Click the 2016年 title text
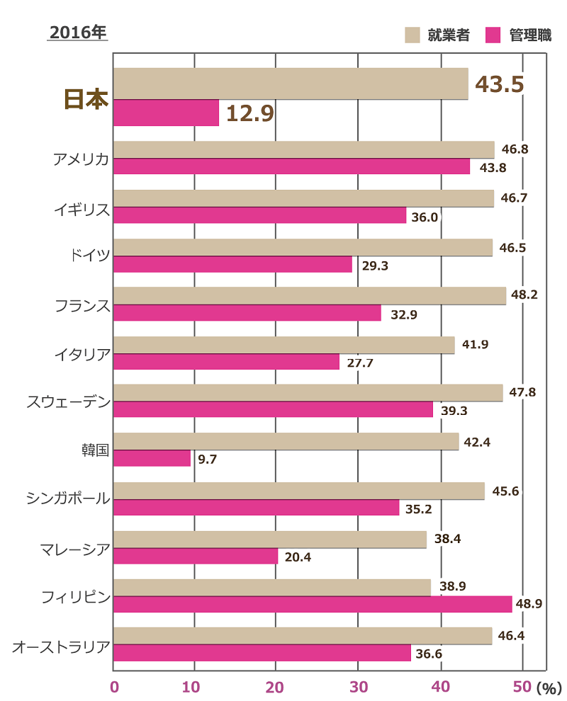(x=77, y=33)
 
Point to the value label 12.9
(x=249, y=113)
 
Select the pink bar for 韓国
(x=152, y=458)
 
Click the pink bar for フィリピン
(x=312, y=604)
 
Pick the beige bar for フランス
(x=309, y=296)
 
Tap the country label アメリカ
(x=82, y=159)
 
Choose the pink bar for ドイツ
(x=232, y=264)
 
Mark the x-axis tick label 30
(x=357, y=687)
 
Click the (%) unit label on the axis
(x=548, y=688)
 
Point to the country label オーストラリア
(x=61, y=645)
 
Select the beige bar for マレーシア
(x=269, y=540)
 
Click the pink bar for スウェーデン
(x=273, y=409)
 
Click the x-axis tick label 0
(x=114, y=687)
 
